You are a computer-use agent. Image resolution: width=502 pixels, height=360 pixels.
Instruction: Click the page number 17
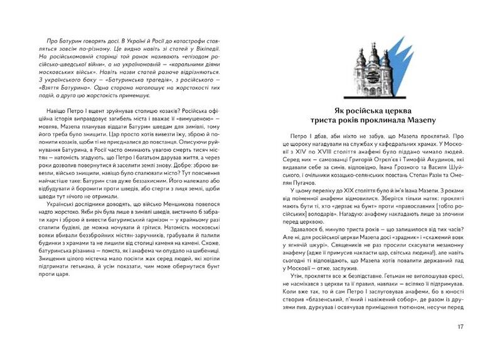[460, 326]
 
